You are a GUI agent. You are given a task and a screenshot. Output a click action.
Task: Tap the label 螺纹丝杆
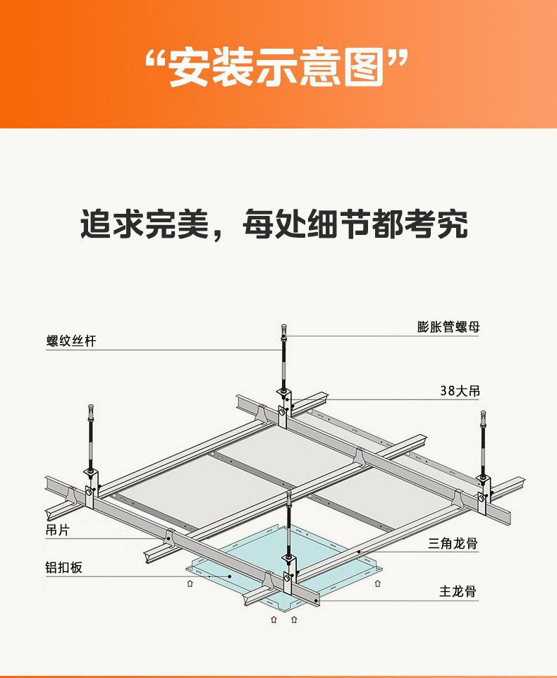[71, 341]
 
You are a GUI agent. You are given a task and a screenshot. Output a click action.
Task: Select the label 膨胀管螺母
[448, 327]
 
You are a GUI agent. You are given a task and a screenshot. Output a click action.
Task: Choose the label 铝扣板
[64, 567]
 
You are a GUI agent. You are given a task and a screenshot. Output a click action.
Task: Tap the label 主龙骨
[458, 591]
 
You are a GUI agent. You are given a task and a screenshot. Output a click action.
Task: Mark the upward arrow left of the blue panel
[189, 583]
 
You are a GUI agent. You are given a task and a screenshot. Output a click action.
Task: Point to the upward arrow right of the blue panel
[379, 583]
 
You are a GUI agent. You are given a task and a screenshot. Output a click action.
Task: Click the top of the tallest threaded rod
[283, 327]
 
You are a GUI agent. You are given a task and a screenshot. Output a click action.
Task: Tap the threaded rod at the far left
[91, 437]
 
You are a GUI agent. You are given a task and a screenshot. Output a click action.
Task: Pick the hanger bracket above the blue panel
[288, 579]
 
